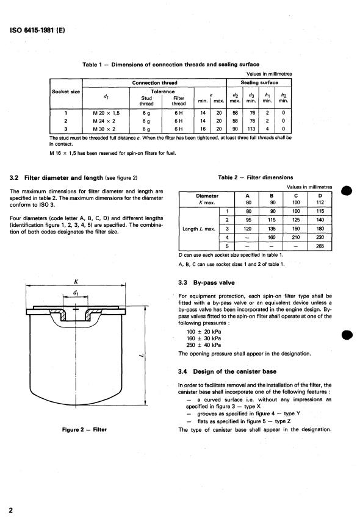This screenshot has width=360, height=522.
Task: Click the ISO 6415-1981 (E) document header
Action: tap(37, 30)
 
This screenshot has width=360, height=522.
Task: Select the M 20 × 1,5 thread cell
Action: tap(106, 113)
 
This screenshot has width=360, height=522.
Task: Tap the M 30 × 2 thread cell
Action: tap(104, 129)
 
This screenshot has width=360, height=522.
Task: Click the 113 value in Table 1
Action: tap(251, 129)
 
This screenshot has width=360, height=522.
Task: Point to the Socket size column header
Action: tap(66, 91)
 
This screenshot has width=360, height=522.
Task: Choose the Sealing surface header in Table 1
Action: tap(259, 82)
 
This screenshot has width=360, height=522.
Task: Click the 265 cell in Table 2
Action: tap(320, 246)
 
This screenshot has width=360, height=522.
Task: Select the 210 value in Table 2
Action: tap(296, 237)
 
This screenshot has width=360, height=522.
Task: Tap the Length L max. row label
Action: tap(199, 229)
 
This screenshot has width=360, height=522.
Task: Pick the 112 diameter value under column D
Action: tap(320, 202)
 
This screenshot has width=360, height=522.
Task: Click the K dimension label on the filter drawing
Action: tap(76, 282)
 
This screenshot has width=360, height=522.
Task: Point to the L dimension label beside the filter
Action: tap(141, 356)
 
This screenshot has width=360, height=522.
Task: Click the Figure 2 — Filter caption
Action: tap(84, 430)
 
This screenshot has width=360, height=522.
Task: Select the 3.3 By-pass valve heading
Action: tap(206, 282)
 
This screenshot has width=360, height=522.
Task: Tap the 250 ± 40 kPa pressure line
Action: tap(203, 345)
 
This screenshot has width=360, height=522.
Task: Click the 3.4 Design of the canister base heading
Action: tap(227, 371)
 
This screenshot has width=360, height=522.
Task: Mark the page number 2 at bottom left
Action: tap(10, 510)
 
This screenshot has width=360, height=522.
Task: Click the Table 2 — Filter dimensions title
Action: tap(256, 177)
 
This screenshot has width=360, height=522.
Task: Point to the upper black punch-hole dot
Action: tap(347, 191)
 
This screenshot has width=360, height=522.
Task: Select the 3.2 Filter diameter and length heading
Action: tap(73, 178)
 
